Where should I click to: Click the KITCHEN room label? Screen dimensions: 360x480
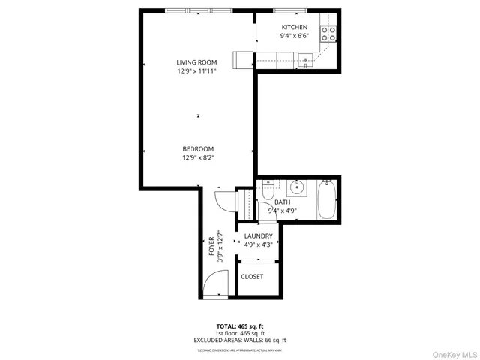pos(294,27)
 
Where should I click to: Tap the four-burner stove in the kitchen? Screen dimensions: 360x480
pos(328,33)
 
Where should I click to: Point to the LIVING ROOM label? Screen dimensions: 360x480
pos(196,62)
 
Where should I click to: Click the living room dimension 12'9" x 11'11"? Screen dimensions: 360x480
pos(196,71)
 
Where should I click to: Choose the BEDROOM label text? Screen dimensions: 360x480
pos(198,148)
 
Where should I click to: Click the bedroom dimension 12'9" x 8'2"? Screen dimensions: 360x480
pos(198,157)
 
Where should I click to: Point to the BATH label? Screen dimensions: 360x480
pos(282,202)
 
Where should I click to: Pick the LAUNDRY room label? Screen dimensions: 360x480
pos(259,236)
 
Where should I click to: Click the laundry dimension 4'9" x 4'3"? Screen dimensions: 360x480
pos(259,244)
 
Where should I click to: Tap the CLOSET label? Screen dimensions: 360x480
pos(252,277)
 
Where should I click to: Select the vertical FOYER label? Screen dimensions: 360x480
pos(211,245)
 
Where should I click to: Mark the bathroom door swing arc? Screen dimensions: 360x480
pos(223,200)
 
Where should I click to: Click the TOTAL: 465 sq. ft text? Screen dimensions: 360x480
pos(240,326)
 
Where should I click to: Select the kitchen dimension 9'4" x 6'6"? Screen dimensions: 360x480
pos(294,36)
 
